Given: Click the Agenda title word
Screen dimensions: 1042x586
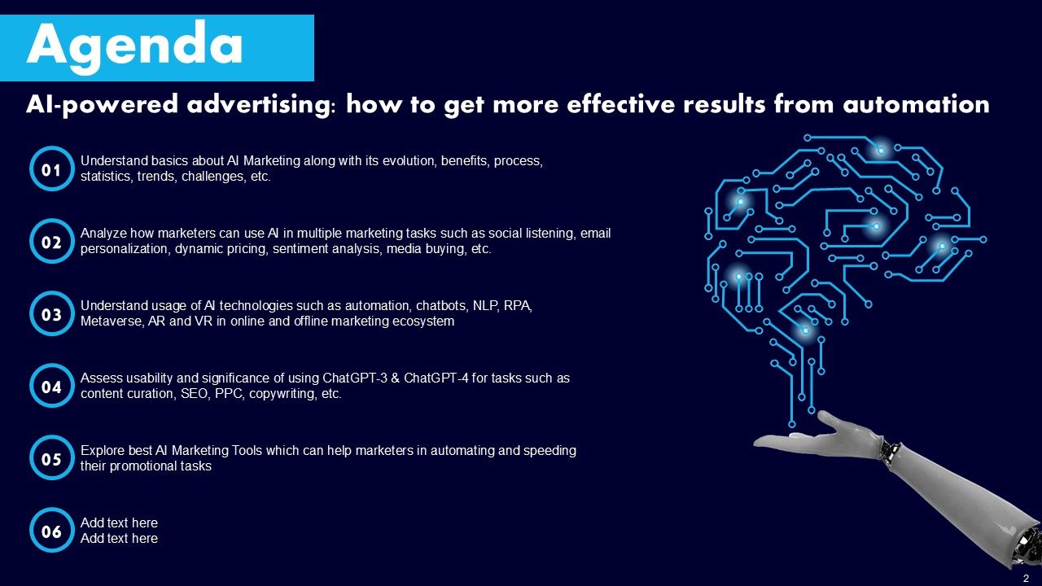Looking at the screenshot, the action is (135, 46).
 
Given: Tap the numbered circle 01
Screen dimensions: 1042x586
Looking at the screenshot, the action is (52, 170).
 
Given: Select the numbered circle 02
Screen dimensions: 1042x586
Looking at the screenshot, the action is (52, 243).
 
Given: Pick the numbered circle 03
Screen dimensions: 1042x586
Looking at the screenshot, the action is (52, 314).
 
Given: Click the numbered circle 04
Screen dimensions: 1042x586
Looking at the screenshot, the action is (52, 387).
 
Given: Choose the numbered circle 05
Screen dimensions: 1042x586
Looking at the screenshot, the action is (52, 459).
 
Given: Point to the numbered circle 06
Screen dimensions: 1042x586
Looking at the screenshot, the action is (52, 531).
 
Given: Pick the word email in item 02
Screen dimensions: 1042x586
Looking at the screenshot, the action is (595, 234).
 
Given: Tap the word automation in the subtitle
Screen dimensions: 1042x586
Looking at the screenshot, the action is (916, 105).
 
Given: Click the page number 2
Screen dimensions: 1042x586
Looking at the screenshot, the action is (1026, 577).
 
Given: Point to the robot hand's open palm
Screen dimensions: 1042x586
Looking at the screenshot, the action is (802, 440).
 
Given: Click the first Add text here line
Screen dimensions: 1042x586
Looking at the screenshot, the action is (119, 523).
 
